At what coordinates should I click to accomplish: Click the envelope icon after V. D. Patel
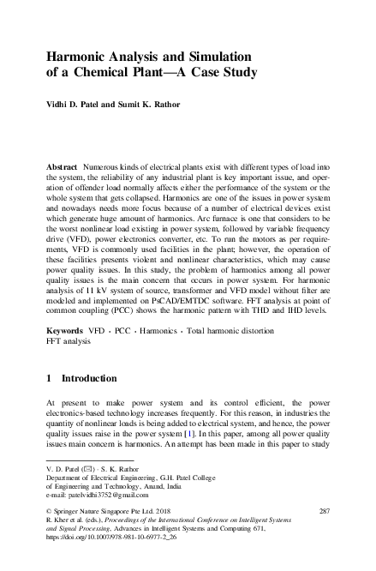point(93,470)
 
